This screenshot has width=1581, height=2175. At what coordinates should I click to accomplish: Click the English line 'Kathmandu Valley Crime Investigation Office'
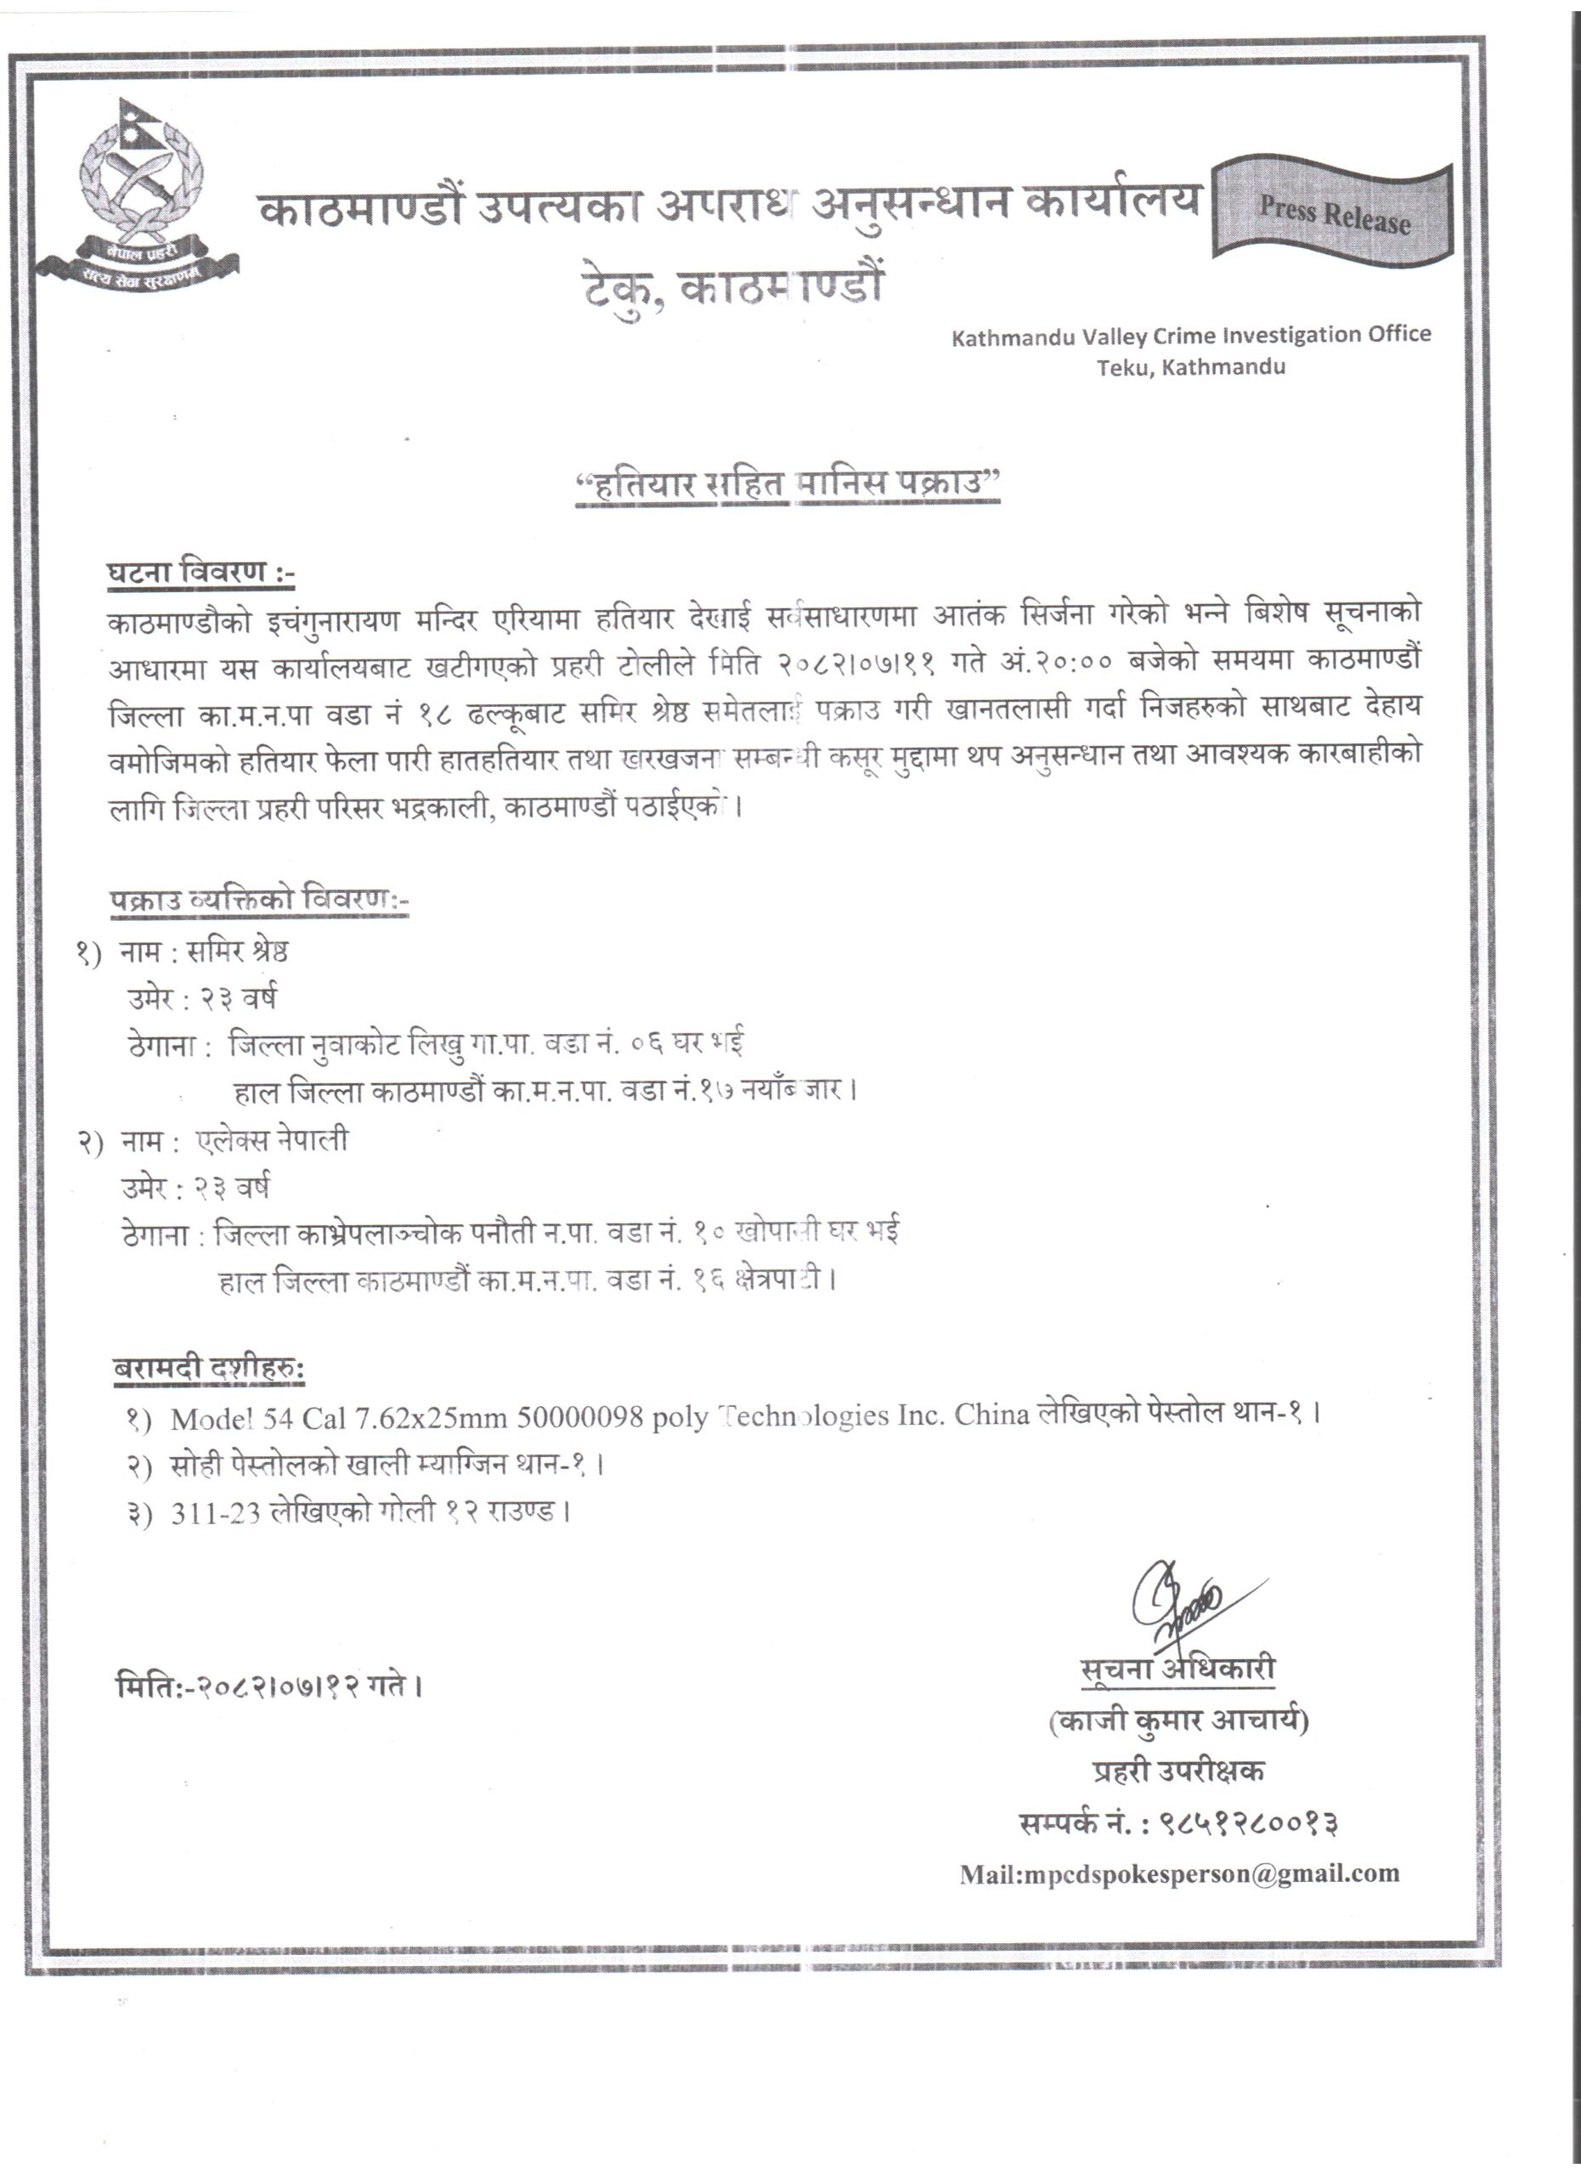click(1190, 336)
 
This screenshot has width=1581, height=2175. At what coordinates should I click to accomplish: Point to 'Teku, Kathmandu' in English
click(1191, 367)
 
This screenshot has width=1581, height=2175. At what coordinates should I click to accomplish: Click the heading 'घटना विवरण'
click(199, 573)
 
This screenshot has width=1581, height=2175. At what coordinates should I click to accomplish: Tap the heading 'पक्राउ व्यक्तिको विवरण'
click(258, 901)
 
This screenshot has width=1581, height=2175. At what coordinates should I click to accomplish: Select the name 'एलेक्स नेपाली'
click(273, 1140)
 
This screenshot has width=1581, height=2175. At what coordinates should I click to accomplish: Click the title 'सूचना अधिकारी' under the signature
click(1177, 1669)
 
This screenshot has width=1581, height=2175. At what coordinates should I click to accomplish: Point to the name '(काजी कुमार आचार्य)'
click(1178, 1721)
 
